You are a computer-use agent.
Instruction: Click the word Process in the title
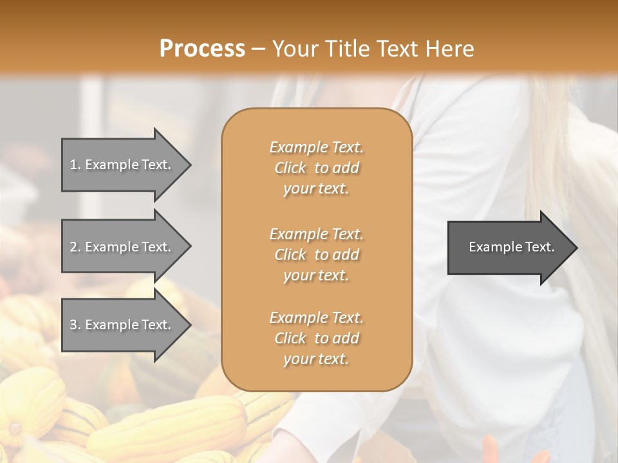pyautogui.click(x=202, y=49)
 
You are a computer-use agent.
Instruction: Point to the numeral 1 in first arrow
pyautogui.click(x=73, y=165)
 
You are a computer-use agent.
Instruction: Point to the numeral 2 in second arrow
pyautogui.click(x=73, y=247)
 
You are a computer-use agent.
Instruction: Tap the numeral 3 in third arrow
pyautogui.click(x=73, y=325)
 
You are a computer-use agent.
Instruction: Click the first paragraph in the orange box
pyautogui.click(x=316, y=168)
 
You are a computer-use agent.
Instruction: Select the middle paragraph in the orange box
pyautogui.click(x=316, y=255)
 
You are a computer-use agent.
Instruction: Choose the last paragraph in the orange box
pyautogui.click(x=316, y=338)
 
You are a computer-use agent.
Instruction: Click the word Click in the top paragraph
pyautogui.click(x=290, y=168)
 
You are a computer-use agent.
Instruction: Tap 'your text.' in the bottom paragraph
pyautogui.click(x=316, y=359)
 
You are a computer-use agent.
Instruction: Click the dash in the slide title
pyautogui.click(x=259, y=49)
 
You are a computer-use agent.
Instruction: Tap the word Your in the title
pyautogui.click(x=294, y=49)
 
